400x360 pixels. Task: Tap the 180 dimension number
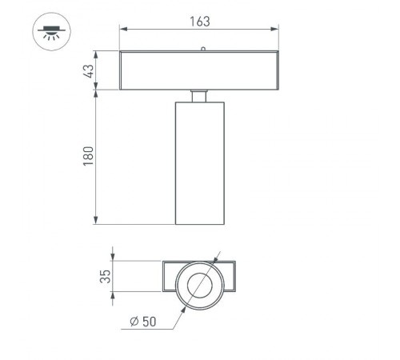coord(89,155)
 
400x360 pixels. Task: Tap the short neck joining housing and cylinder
coord(199,95)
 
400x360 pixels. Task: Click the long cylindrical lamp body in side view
coord(199,163)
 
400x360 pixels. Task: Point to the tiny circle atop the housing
coord(203,49)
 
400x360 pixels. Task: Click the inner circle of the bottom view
coord(198,284)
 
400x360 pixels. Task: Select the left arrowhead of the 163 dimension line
coord(123,30)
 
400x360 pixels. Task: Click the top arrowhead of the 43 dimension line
coord(98,55)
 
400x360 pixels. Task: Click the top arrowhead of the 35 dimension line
coord(115,264)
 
